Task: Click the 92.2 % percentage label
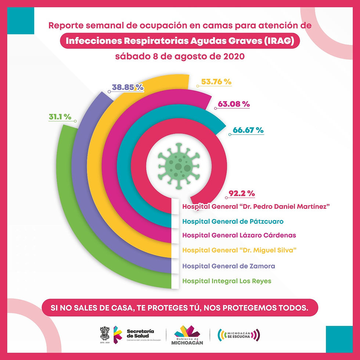(242, 193)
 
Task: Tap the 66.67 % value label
(248, 130)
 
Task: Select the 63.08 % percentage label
(234, 104)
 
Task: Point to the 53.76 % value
(216, 82)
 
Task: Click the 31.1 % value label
(60, 117)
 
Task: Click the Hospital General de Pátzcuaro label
(233, 222)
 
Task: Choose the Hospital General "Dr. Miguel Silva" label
(240, 250)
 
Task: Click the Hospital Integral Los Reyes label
(227, 281)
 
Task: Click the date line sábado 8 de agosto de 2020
(180, 57)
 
